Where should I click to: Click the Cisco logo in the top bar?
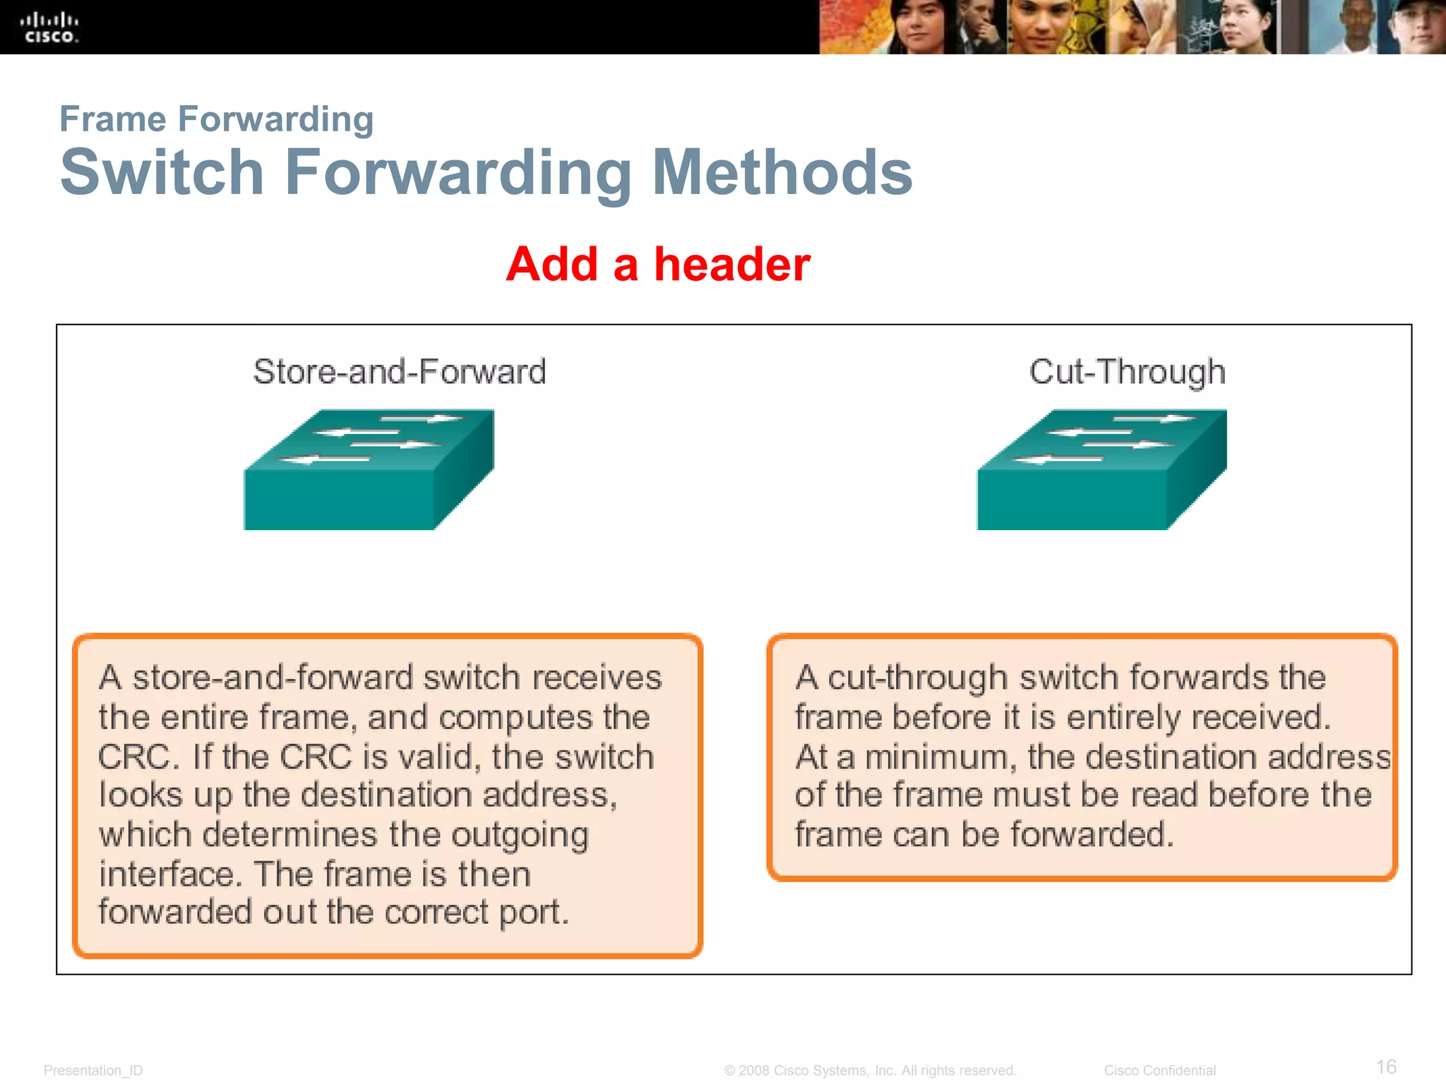49,27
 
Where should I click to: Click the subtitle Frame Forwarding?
216,119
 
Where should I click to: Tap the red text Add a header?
658,264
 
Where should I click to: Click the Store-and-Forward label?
400,371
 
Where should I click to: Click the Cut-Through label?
1127,371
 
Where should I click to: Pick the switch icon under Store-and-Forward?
369,469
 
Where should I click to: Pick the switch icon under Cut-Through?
1101,469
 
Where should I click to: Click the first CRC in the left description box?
133,757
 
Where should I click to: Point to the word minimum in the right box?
940,757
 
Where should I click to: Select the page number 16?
1386,1066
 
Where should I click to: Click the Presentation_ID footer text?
92,1071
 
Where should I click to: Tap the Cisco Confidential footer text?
1159,1071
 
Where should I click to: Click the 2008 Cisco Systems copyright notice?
870,1071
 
